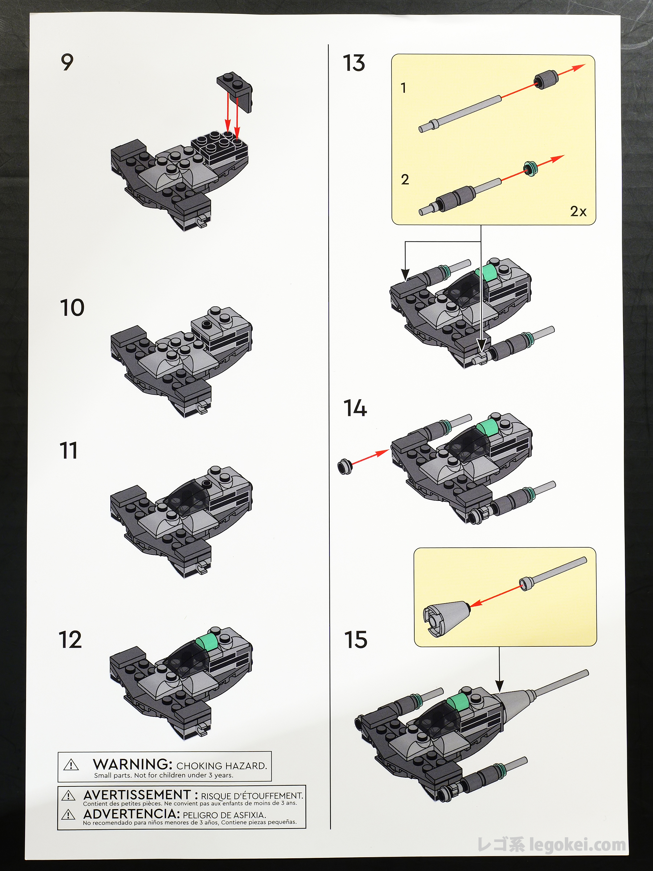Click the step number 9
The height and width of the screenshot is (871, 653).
click(x=67, y=62)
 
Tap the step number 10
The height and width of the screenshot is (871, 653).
click(x=72, y=307)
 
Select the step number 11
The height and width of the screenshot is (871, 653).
click(x=69, y=450)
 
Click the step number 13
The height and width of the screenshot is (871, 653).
click(x=354, y=63)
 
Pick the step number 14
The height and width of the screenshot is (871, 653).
click(x=355, y=408)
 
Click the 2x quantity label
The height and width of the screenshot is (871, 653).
click(x=578, y=212)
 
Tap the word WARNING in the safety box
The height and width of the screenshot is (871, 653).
click(x=133, y=764)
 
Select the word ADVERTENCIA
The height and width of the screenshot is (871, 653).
click(x=131, y=814)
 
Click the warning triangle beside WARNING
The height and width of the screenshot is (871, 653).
click(x=71, y=765)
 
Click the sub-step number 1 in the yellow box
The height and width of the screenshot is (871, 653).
click(x=403, y=87)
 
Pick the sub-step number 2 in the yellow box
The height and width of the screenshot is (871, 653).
click(x=405, y=180)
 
